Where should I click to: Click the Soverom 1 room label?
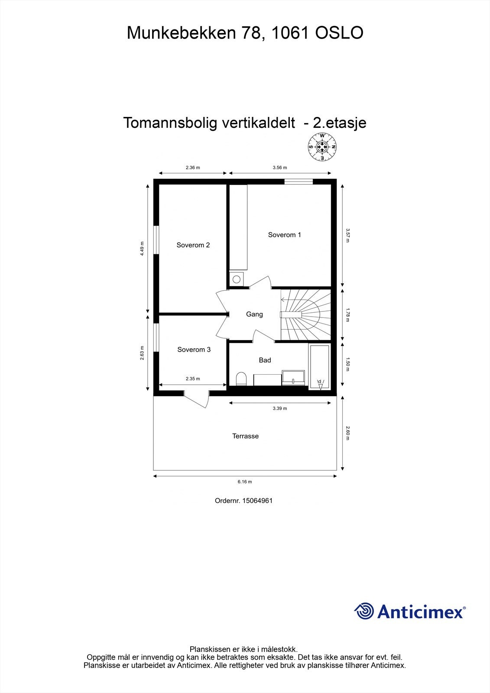[284, 235]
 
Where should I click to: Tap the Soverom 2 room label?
[193, 245]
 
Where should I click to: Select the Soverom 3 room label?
[194, 350]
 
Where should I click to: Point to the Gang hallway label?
[254, 314]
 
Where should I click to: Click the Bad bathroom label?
[265, 360]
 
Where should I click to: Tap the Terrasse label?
[245, 436]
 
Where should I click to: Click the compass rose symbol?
[322, 147]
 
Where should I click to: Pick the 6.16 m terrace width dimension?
[245, 482]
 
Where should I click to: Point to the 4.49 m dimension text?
[142, 249]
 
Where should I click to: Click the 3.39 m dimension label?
[279, 408]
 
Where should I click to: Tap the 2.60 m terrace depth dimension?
[347, 433]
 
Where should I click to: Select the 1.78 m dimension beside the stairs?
[347, 314]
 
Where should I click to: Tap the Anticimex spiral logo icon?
[364, 611]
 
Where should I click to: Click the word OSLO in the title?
[339, 33]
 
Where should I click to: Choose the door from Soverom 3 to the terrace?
[197, 398]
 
